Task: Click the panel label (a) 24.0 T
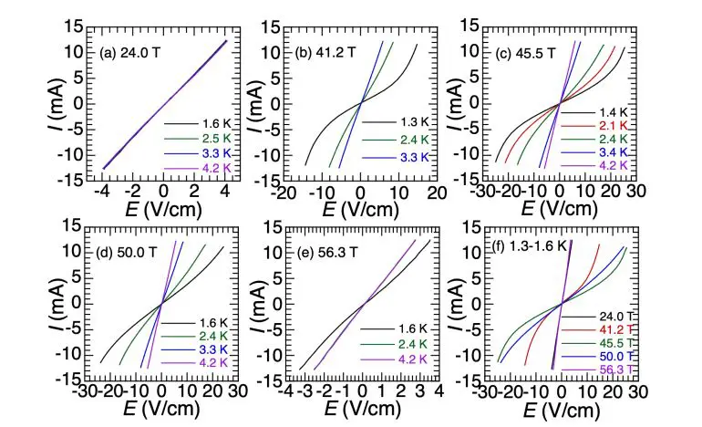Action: [x=137, y=53]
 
